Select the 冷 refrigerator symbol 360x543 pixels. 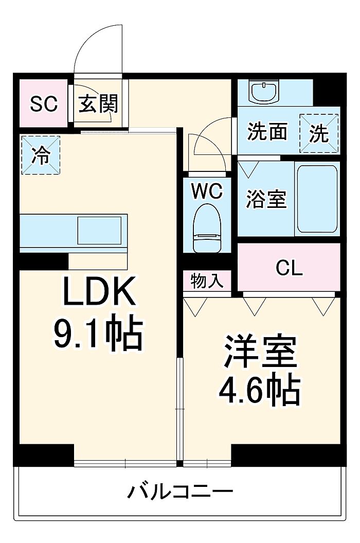click(41, 155)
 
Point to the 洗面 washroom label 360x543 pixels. click(267, 132)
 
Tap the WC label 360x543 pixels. click(207, 191)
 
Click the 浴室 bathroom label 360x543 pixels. click(266, 199)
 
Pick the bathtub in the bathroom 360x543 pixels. click(317, 200)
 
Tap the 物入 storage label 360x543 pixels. click(207, 281)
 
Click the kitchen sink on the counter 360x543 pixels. click(99, 230)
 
